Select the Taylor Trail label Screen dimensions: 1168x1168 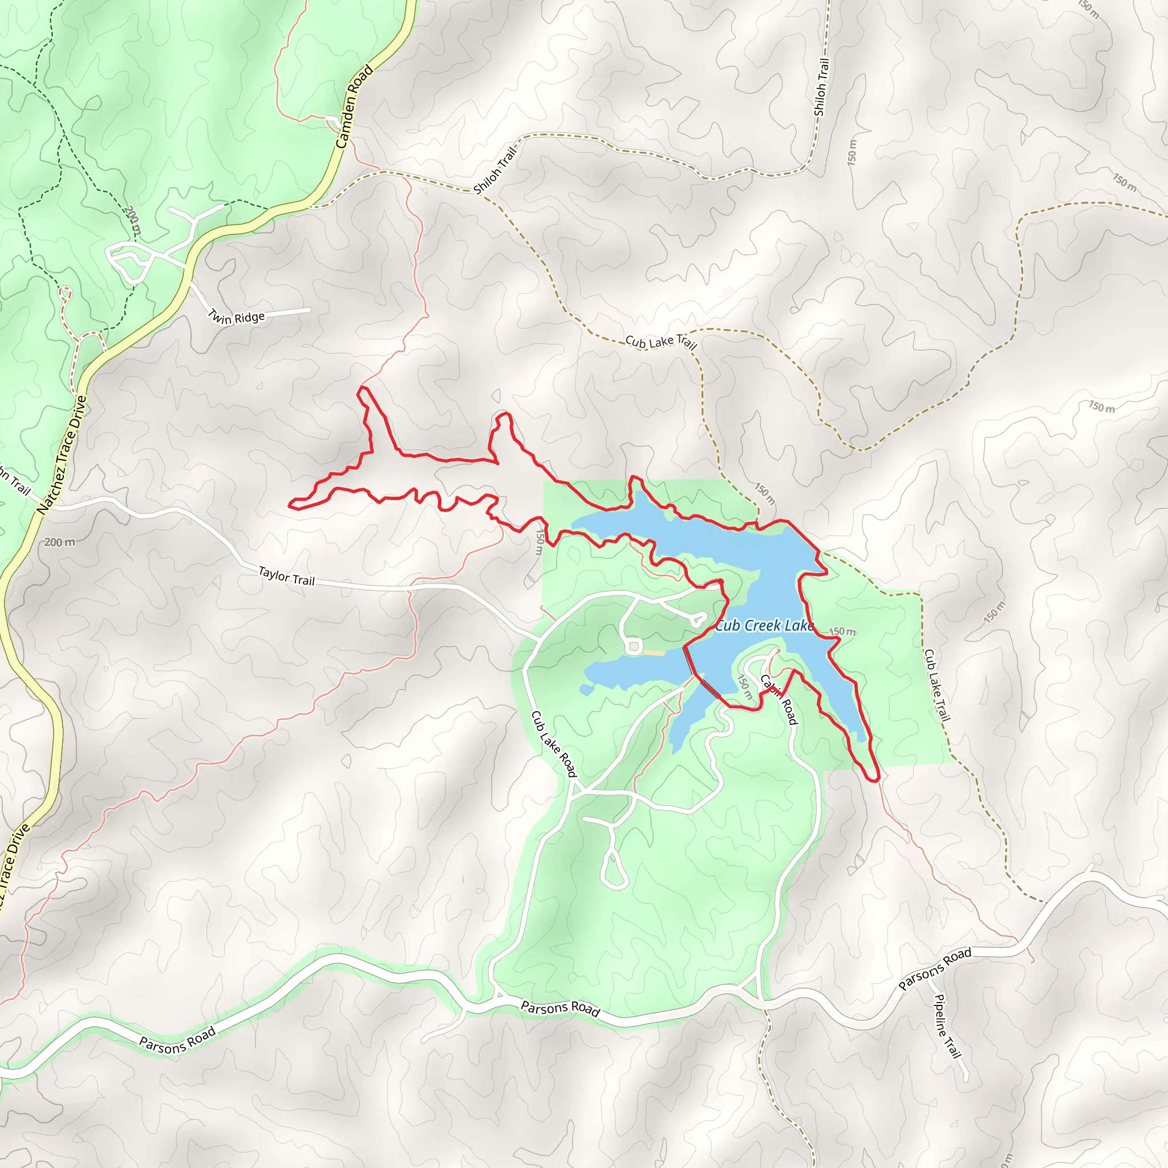tap(286, 576)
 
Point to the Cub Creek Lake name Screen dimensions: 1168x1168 tap(764, 626)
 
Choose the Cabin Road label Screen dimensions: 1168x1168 tap(778, 699)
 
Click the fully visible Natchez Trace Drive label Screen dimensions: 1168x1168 tap(62, 455)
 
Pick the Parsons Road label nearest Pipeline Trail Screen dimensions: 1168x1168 tap(935, 968)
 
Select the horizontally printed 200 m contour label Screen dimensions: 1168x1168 tap(60, 542)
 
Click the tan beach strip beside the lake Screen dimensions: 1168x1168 tap(653, 653)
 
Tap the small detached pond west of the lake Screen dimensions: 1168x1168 tap(586, 690)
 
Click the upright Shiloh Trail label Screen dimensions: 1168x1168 tap(821, 87)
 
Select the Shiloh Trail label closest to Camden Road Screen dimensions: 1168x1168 tap(495, 171)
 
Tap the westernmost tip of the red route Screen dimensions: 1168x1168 tap(290, 504)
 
